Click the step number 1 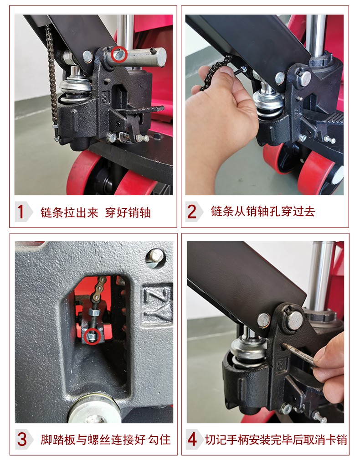20,212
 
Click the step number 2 191,212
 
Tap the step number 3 22,439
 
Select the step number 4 192,439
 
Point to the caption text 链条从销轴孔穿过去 263,212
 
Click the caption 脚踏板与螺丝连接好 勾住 106,440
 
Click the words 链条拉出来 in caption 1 69,212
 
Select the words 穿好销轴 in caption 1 128,212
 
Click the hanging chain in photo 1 52,79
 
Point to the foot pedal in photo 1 139,111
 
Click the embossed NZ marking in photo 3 158,303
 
